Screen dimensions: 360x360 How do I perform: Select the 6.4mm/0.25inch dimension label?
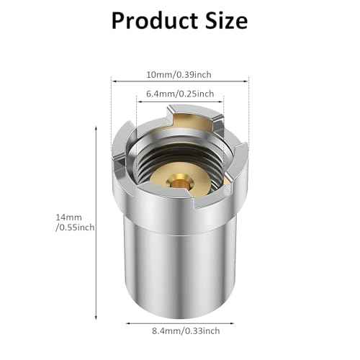point(179,94)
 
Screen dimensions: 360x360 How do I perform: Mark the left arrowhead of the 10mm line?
point(113,82)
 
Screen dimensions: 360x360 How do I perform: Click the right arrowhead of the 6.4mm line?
point(225,102)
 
